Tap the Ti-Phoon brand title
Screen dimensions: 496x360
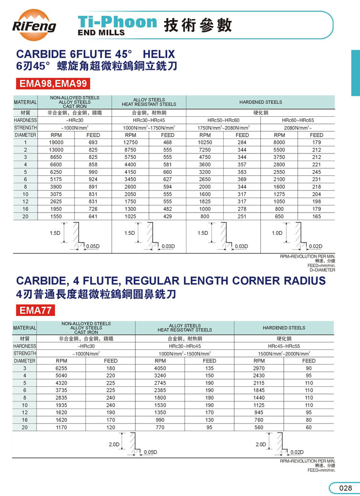point(117,22)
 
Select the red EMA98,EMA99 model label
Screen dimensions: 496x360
point(53,84)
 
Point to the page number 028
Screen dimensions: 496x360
point(345,488)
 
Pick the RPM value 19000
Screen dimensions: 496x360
point(56,142)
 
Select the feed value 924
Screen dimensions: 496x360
point(93,179)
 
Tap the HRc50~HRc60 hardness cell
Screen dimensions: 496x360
point(223,121)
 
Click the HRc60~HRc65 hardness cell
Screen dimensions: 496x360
point(298,121)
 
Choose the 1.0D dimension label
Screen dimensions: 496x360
point(277,233)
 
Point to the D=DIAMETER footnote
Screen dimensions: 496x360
point(322,270)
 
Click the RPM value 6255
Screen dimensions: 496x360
point(62,368)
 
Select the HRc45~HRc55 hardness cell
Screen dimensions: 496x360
point(284,346)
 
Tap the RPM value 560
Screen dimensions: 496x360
point(259,427)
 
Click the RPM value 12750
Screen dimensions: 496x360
point(130,142)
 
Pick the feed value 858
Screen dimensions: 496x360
point(93,164)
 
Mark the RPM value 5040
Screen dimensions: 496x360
point(62,375)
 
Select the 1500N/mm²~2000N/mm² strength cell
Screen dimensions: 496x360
point(284,354)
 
